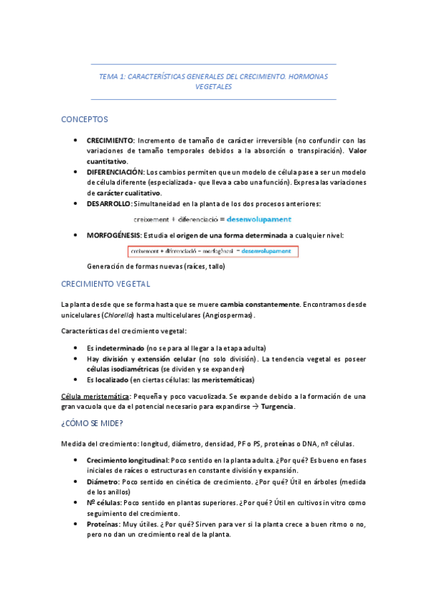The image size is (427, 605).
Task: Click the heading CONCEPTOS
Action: click(85, 119)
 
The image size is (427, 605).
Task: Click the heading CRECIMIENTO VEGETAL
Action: click(106, 284)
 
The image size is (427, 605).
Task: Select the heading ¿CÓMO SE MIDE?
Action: click(92, 423)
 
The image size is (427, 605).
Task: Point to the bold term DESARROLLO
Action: click(108, 204)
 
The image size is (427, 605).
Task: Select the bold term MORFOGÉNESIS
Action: click(114, 235)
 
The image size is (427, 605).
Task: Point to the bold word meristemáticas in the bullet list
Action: click(218, 380)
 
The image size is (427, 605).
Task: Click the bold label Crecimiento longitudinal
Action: click(129, 460)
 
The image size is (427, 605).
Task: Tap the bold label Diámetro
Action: click(102, 482)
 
